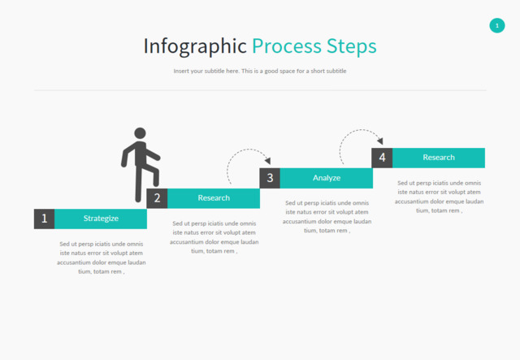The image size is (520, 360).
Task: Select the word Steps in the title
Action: coord(351,46)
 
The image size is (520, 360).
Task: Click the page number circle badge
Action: coord(497,26)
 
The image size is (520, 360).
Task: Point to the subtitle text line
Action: coord(260,72)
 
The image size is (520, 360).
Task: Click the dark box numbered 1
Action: coord(45,219)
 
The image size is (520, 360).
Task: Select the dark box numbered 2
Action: coord(157,198)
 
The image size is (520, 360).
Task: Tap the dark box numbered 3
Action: coord(270,178)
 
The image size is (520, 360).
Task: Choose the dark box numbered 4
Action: coord(382,158)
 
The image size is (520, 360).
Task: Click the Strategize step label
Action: coord(101,219)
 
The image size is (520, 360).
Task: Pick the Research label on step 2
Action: coord(214,198)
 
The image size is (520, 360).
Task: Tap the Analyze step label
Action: coord(327,178)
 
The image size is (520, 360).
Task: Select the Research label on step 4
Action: coord(439,158)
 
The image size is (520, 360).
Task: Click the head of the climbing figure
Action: coord(140,133)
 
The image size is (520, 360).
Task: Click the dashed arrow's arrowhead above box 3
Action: coord(267,162)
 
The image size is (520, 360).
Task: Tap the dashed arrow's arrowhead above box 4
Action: coord(379,141)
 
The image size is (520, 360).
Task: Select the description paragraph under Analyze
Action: coord(327,217)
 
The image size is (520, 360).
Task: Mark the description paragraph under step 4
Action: coord(440,197)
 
